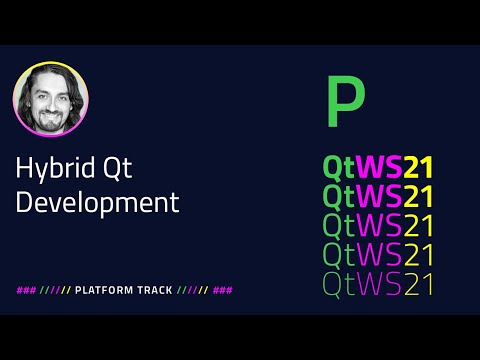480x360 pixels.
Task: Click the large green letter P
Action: coord(345,102)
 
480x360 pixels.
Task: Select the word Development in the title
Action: coord(98,202)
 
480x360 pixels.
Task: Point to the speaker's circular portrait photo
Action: coord(51,102)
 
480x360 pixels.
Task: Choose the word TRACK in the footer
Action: coord(152,290)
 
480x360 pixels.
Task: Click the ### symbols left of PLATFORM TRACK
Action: coord(26,290)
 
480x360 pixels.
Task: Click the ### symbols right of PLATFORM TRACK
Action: coord(223,290)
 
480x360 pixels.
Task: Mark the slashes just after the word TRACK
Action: coord(191,290)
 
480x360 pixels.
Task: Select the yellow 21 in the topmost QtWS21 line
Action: coord(418,166)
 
